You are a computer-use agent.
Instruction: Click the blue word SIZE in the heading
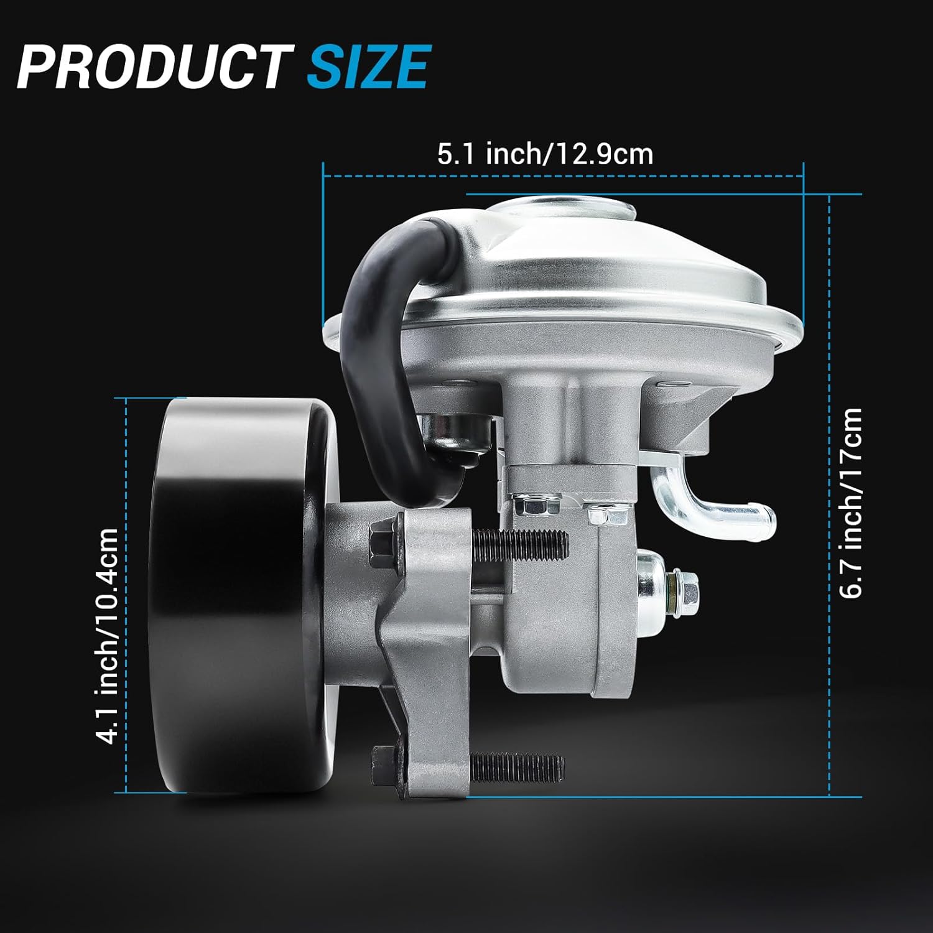coord(368,66)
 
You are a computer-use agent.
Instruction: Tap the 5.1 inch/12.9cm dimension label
coord(545,154)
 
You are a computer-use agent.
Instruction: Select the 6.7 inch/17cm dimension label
coord(851,503)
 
